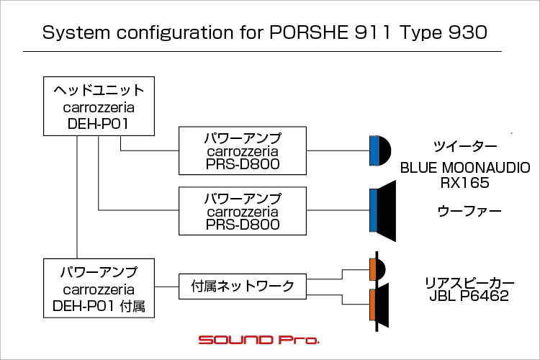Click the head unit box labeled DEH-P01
click(x=99, y=106)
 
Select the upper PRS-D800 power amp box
click(x=243, y=150)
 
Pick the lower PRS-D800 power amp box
click(x=243, y=211)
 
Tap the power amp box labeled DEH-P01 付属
click(x=99, y=288)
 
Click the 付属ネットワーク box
click(x=243, y=287)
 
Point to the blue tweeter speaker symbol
click(x=380, y=150)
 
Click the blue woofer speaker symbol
click(x=382, y=210)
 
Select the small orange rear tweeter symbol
click(x=377, y=269)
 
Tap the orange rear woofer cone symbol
click(x=379, y=305)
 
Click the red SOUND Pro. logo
click(x=259, y=340)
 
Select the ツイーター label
click(x=465, y=147)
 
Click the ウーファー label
click(x=469, y=211)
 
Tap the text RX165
click(x=464, y=183)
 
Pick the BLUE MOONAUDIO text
click(x=465, y=168)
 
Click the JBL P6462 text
click(x=469, y=296)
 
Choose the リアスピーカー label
click(x=469, y=283)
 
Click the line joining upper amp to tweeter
click(x=338, y=150)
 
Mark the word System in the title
click(x=76, y=32)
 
